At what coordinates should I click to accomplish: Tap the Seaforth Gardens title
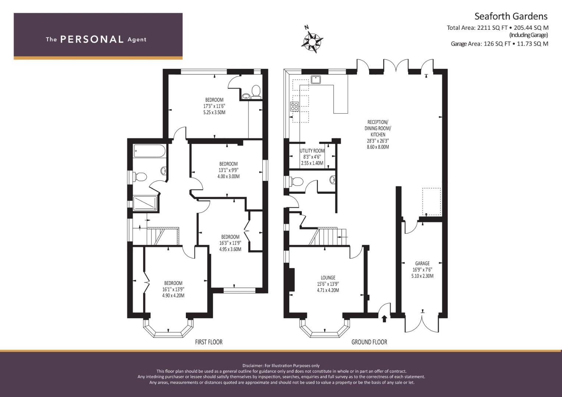click(x=511, y=16)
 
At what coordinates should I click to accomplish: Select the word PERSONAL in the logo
click(x=92, y=39)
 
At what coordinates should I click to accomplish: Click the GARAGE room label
click(x=422, y=264)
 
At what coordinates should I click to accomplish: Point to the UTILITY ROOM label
click(x=312, y=151)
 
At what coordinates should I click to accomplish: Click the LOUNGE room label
click(x=328, y=278)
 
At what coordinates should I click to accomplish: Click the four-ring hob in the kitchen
click(x=294, y=107)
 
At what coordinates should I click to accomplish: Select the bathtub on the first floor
click(x=149, y=151)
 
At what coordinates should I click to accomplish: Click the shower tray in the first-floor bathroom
click(x=145, y=203)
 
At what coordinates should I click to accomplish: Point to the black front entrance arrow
click(x=384, y=319)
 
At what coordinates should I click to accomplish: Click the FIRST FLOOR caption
click(x=209, y=342)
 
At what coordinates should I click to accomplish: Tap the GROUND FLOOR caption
click(x=369, y=342)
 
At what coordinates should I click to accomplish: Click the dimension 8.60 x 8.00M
click(x=378, y=147)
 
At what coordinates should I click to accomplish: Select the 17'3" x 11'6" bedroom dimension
click(x=214, y=106)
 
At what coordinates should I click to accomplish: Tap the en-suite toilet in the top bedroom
click(x=256, y=91)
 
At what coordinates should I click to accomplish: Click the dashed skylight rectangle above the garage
click(x=432, y=201)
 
